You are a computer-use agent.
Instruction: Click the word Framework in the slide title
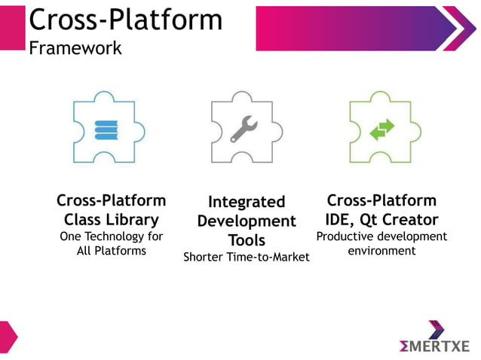point(75,48)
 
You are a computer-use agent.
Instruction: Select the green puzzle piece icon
point(380,127)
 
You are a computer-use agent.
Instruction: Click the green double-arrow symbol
point(381,130)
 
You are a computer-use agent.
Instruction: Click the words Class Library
point(111,220)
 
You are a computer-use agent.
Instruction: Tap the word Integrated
point(247,202)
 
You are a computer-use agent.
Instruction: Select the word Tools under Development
point(247,240)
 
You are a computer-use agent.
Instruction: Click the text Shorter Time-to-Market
point(247,258)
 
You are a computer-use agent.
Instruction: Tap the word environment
point(381,251)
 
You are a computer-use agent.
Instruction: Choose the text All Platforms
point(112,251)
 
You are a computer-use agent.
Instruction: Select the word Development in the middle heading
point(247,221)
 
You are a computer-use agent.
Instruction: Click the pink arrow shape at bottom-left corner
point(7,336)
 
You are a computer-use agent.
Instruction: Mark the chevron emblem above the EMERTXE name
point(437,329)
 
